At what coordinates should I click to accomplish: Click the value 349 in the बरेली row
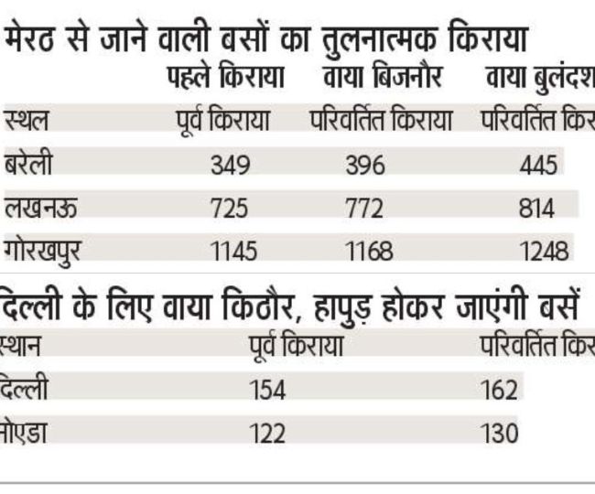click(230, 166)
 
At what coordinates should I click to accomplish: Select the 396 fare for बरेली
click(366, 166)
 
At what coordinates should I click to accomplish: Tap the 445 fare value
click(536, 166)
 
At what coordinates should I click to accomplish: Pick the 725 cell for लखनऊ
click(229, 209)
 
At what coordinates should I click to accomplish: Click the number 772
click(365, 209)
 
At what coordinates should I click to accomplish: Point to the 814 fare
click(535, 209)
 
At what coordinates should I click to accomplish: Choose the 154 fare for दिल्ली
click(268, 391)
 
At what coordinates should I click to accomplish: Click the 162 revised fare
click(500, 391)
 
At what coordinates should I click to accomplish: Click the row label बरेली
click(29, 164)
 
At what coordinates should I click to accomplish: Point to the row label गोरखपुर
click(48, 250)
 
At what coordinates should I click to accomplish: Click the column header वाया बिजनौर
click(383, 80)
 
